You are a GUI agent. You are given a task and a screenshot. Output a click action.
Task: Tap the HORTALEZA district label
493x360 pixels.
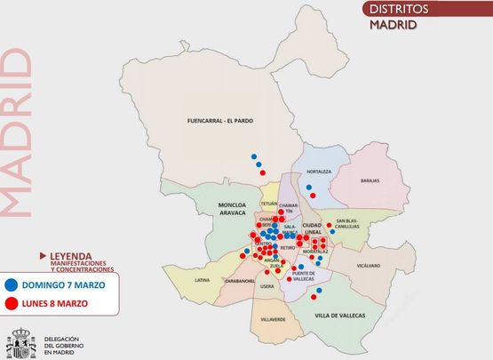pyautogui.click(x=318, y=172)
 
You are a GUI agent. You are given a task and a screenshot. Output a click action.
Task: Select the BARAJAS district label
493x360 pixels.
pyautogui.click(x=370, y=180)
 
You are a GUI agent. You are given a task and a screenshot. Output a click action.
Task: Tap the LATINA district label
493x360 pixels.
pyautogui.click(x=202, y=280)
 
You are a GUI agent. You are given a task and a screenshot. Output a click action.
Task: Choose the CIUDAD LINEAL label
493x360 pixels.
pyautogui.click(x=317, y=228)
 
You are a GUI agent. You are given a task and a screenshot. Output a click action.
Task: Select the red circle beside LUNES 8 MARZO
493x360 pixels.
pyautogui.click(x=11, y=303)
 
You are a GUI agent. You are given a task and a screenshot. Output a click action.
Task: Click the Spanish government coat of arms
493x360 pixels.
pyautogui.click(x=20, y=343)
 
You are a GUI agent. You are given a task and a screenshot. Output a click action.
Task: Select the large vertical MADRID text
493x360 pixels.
pyautogui.click(x=15, y=133)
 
